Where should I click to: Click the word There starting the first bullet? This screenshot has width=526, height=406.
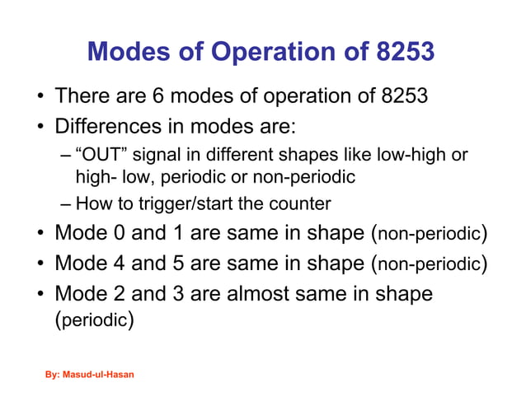81,98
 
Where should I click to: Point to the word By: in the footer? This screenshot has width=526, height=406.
52,375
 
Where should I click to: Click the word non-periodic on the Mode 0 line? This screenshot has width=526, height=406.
430,236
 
